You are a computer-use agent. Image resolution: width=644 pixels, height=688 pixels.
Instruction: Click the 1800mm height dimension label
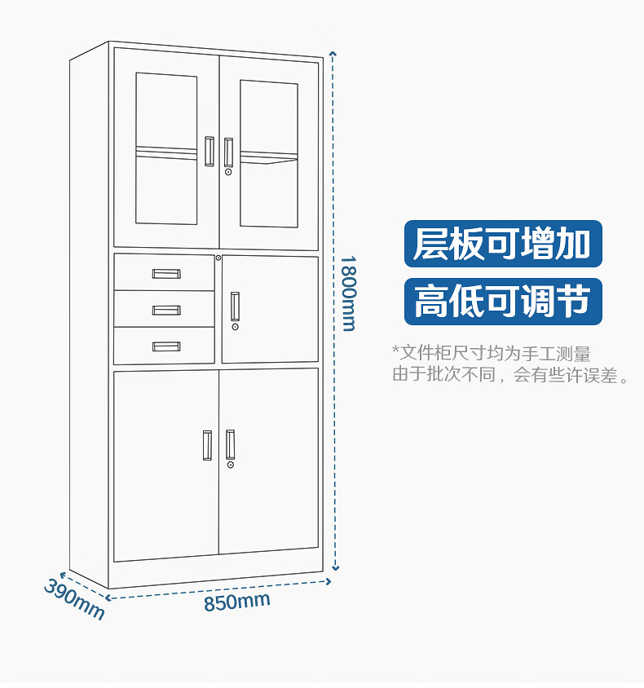click(x=348, y=293)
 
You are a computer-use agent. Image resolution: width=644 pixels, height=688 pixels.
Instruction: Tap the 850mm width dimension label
click(x=236, y=602)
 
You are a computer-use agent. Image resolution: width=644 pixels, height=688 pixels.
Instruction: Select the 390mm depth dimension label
click(x=74, y=598)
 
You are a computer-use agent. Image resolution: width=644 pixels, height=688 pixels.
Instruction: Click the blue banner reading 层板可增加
click(x=502, y=244)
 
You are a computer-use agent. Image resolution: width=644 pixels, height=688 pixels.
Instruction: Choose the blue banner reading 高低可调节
click(x=502, y=301)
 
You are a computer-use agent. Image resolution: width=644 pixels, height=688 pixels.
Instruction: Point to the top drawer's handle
click(x=166, y=274)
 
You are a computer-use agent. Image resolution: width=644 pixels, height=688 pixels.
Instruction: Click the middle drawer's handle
click(x=166, y=310)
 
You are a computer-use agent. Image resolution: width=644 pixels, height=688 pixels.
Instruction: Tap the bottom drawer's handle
click(x=166, y=346)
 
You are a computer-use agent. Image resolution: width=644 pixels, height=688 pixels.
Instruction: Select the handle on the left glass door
click(x=210, y=151)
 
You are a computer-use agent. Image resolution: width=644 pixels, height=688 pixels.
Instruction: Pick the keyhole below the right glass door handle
click(x=229, y=172)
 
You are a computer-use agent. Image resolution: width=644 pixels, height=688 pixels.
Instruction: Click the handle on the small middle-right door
click(x=236, y=305)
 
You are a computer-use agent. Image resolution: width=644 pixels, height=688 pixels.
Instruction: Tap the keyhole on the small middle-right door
click(x=236, y=327)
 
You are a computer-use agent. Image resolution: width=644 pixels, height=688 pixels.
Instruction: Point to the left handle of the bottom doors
click(x=207, y=444)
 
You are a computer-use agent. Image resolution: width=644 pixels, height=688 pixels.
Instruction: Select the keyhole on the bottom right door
click(x=231, y=465)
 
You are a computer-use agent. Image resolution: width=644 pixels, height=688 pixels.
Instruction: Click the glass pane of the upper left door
click(x=166, y=148)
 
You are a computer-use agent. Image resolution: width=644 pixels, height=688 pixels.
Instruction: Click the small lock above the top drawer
click(x=218, y=258)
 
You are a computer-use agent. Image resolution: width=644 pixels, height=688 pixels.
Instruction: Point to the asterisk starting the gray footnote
click(x=395, y=351)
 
